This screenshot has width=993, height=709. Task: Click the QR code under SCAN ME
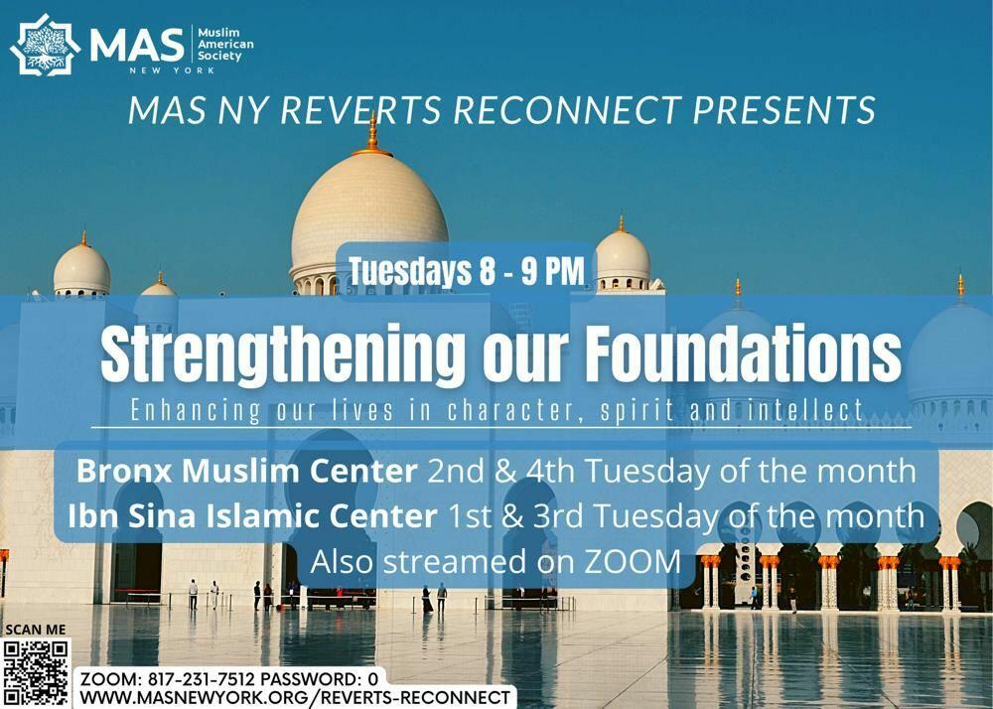pyautogui.click(x=36, y=673)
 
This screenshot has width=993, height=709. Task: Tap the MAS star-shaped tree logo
pyautogui.click(x=46, y=45)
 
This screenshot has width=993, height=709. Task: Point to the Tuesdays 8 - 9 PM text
pyautogui.click(x=467, y=271)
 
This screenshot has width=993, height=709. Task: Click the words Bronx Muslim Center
pyautogui.click(x=247, y=471)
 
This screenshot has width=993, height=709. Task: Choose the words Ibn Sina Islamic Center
pyautogui.click(x=252, y=516)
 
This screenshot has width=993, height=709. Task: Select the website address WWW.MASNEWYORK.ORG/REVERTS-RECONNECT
pyautogui.click(x=295, y=698)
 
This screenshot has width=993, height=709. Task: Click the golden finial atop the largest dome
pyautogui.click(x=372, y=135)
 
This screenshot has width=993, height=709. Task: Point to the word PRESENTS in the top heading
pyautogui.click(x=784, y=109)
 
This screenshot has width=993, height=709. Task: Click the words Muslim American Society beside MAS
pyautogui.click(x=225, y=45)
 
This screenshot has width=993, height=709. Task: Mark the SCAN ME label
pyautogui.click(x=36, y=630)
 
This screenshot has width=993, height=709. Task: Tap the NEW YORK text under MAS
pyautogui.click(x=172, y=71)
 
